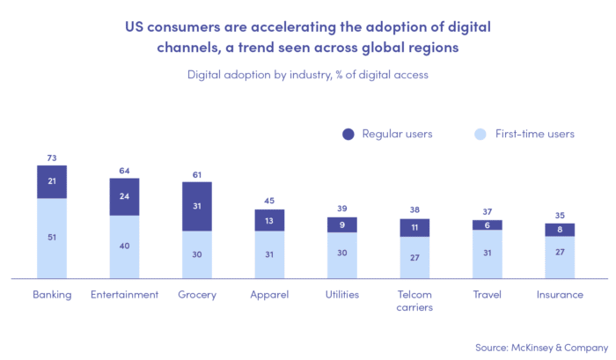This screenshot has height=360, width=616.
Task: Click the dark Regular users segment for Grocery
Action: (x=197, y=206)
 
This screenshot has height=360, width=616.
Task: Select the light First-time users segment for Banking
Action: (x=52, y=239)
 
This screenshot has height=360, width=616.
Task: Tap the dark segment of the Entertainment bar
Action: (x=124, y=196)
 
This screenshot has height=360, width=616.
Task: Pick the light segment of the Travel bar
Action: (x=488, y=254)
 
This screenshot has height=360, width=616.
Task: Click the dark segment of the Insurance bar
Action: (x=560, y=229)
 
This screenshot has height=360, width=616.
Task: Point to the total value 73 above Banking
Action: (x=52, y=158)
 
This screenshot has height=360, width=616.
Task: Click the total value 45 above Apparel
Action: (x=269, y=202)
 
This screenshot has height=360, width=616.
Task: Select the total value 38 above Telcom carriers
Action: (x=414, y=211)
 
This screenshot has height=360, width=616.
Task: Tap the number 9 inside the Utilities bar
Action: (x=342, y=224)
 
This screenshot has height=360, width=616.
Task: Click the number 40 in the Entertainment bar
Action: (x=124, y=246)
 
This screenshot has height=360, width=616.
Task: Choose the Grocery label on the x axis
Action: (x=197, y=294)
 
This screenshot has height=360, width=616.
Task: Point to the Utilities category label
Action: (x=342, y=294)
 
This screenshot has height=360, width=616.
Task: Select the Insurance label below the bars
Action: (x=560, y=294)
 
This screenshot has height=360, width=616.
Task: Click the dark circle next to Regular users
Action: (x=348, y=134)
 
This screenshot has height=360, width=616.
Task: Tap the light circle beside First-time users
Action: (x=479, y=134)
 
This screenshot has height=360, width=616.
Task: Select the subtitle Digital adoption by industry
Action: (x=307, y=75)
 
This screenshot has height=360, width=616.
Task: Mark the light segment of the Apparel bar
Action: (x=269, y=255)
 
